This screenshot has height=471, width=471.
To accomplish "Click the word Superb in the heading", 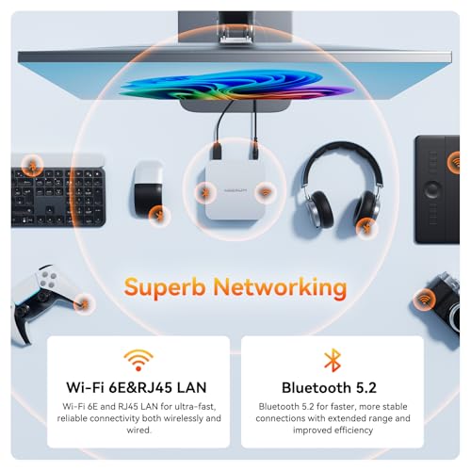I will tap(166, 286).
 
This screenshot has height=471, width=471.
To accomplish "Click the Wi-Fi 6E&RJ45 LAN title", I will tap(138, 386).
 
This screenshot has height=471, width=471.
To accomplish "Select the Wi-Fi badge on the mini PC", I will tap(267, 194).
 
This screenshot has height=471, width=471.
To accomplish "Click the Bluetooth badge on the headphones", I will tap(365, 226).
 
